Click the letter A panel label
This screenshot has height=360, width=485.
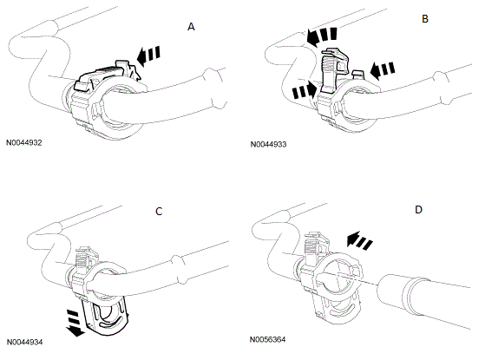[191, 27]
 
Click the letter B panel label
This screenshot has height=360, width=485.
[425, 19]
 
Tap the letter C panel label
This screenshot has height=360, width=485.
[159, 212]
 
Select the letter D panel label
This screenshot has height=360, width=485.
[418, 210]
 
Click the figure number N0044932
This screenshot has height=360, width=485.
[24, 143]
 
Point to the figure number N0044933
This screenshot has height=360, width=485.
[268, 144]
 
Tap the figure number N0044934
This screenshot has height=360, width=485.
[24, 343]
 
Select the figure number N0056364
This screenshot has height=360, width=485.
[267, 339]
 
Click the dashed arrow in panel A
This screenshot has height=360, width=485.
[148, 56]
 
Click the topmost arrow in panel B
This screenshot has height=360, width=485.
[322, 36]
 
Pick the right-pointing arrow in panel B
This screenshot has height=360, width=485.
[305, 90]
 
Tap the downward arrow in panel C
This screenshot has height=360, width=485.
[75, 324]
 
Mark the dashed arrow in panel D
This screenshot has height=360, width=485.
[359, 240]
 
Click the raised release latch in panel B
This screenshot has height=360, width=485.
[334, 70]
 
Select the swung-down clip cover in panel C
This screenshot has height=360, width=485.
[105, 315]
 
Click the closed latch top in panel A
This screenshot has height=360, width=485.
[107, 75]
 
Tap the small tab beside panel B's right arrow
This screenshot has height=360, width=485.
[358, 75]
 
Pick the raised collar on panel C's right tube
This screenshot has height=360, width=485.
[177, 270]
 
